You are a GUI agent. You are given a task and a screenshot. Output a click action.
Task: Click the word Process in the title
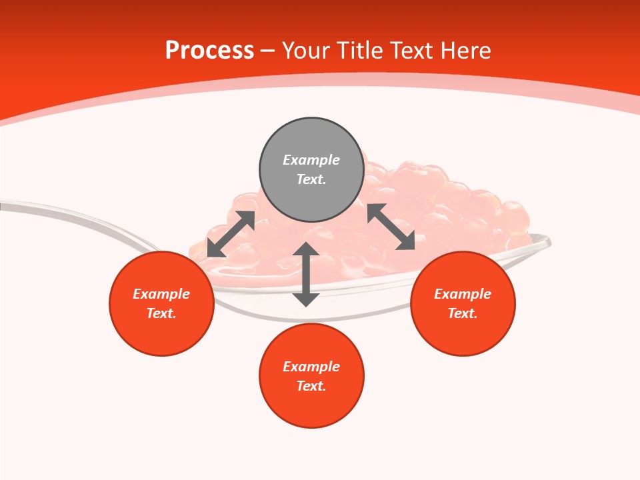209,51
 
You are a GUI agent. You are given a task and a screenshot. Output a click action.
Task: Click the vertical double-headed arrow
306,274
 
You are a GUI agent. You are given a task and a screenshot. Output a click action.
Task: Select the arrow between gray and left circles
231,234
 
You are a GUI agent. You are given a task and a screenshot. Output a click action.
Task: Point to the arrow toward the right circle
391,227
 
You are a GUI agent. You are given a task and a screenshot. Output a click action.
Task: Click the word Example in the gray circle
311,160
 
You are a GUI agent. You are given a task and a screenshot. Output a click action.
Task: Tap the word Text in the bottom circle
311,386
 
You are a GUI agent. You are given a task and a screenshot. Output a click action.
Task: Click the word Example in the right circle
463,294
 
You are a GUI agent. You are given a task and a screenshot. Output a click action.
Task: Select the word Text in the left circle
161,313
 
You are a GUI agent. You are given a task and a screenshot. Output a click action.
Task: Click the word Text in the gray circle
311,179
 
